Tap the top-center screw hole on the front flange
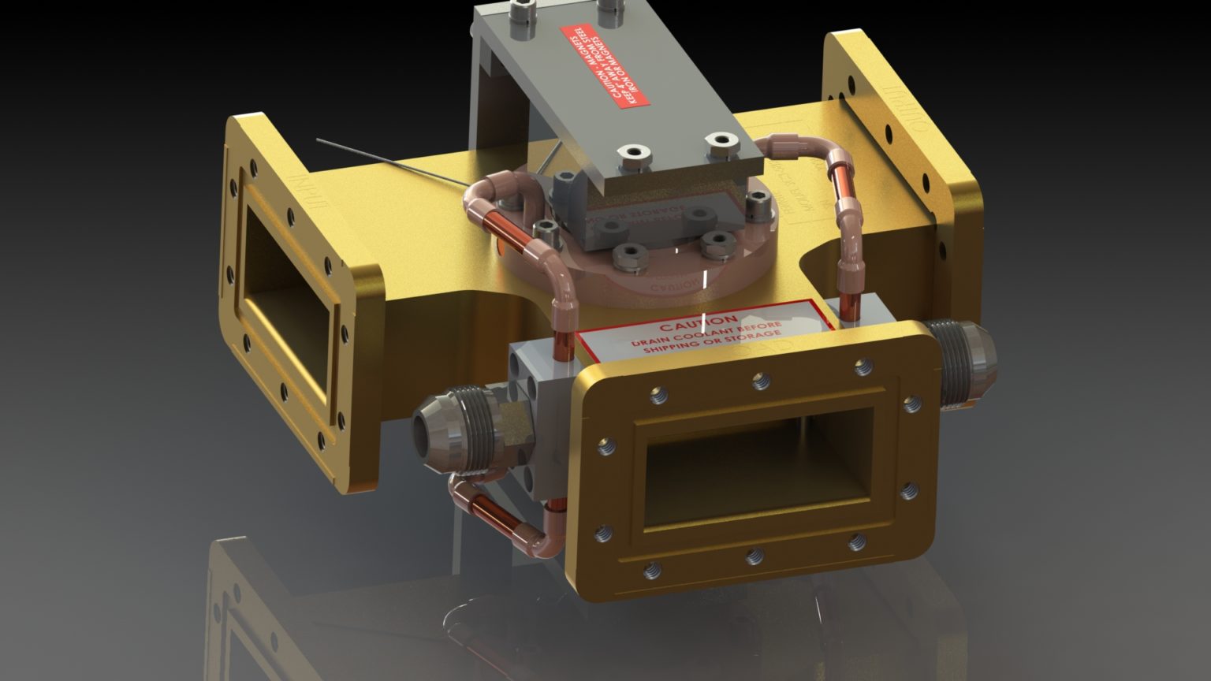pyautogui.click(x=760, y=381)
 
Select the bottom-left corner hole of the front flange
pyautogui.click(x=651, y=570)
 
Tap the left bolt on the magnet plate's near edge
pyautogui.click(x=631, y=154)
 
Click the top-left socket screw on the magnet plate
pyautogui.click(x=521, y=11)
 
